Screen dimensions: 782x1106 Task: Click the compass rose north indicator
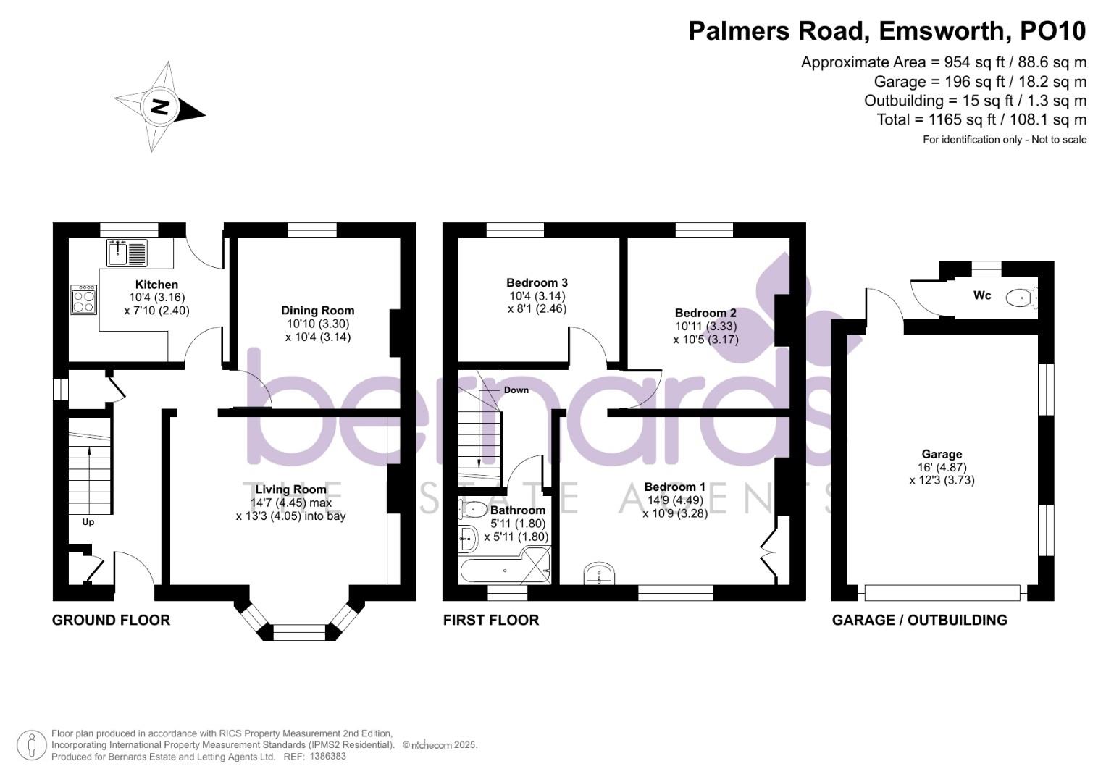click(x=160, y=107)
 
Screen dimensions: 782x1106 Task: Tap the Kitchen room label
click(x=156, y=285)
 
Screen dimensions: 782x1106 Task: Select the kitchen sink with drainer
click(x=127, y=252)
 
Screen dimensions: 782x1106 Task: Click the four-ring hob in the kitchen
click(x=83, y=300)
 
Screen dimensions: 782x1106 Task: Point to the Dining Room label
click(x=317, y=311)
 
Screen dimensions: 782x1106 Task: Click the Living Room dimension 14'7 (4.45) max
click(x=290, y=503)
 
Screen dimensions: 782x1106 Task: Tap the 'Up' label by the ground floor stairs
click(x=88, y=521)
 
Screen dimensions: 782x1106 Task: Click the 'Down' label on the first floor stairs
click(x=516, y=390)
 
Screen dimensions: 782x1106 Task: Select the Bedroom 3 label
click(x=537, y=282)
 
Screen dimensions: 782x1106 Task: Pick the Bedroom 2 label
click(x=705, y=313)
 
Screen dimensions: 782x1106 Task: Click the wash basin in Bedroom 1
click(x=599, y=573)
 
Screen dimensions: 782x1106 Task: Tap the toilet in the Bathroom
click(x=474, y=509)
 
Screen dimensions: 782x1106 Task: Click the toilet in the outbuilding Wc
click(x=1022, y=296)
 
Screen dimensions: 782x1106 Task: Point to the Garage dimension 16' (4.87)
click(x=942, y=468)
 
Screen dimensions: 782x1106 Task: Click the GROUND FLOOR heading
click(x=111, y=620)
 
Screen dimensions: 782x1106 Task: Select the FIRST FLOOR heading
click(x=490, y=620)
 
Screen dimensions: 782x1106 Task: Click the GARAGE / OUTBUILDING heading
click(x=919, y=620)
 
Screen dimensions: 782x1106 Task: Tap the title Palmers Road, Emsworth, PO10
click(x=887, y=30)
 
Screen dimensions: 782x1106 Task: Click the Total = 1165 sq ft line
click(x=981, y=119)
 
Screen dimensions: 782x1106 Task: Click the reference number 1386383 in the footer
click(x=327, y=757)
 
